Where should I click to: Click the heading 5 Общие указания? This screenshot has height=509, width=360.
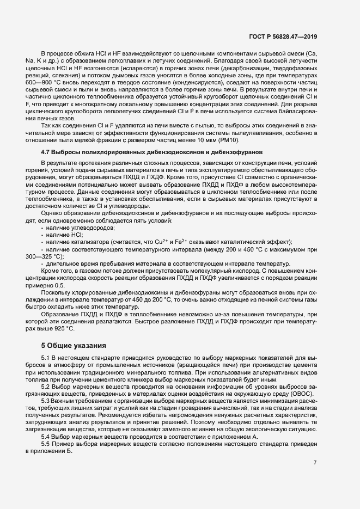click(74, 345)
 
